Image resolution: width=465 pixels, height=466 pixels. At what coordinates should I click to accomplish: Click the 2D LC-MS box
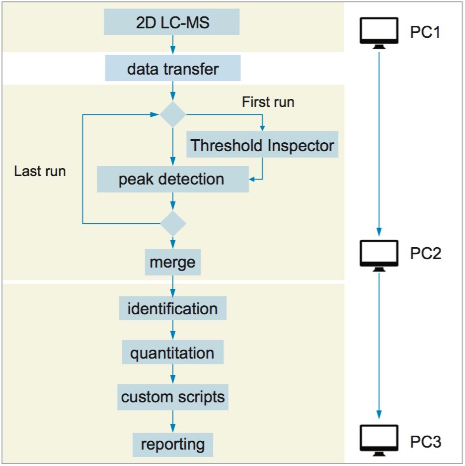(x=172, y=23)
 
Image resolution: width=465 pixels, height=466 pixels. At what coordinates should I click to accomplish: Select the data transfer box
(x=172, y=68)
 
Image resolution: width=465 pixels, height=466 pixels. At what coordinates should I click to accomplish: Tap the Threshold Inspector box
(x=262, y=145)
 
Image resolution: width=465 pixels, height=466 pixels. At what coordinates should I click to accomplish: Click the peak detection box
(x=172, y=179)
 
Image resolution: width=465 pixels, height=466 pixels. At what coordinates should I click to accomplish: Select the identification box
(x=172, y=308)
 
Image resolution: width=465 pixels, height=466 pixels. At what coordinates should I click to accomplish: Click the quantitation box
(x=172, y=353)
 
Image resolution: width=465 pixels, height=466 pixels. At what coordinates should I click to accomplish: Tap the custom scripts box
(x=172, y=397)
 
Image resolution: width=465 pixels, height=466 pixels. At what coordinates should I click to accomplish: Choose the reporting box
(x=172, y=444)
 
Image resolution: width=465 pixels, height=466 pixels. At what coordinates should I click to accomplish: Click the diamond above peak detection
(x=172, y=114)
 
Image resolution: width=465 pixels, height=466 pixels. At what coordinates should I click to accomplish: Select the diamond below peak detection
(x=172, y=223)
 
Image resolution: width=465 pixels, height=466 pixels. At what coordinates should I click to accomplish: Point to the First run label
(x=268, y=102)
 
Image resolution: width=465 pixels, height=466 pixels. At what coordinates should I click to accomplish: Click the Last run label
(x=40, y=171)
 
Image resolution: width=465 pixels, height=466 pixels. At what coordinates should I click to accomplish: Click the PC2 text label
(x=425, y=254)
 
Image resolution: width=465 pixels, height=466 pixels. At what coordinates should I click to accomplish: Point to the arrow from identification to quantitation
(x=172, y=331)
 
